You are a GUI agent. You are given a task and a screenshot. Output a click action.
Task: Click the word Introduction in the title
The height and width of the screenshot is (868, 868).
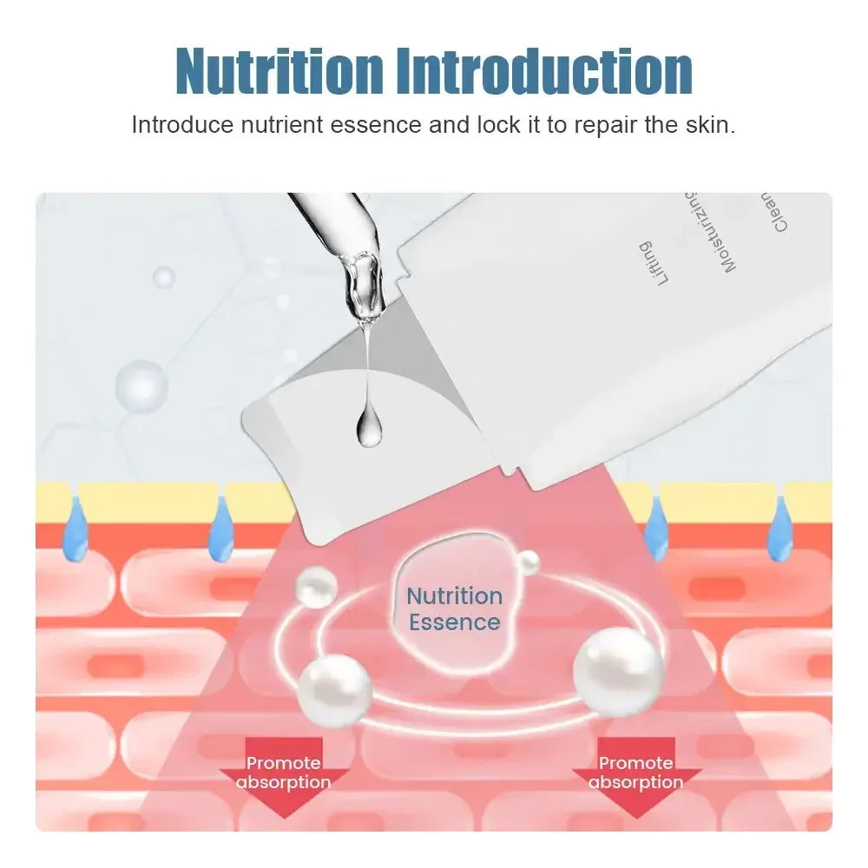pyautogui.click(x=556, y=71)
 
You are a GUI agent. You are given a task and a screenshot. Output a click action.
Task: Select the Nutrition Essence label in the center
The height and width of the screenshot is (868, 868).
pyautogui.click(x=454, y=608)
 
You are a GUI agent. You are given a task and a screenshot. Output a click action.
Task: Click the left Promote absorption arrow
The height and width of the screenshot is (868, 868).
pyautogui.click(x=284, y=775)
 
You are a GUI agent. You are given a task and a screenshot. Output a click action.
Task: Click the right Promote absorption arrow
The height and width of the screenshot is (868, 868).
pyautogui.click(x=636, y=775)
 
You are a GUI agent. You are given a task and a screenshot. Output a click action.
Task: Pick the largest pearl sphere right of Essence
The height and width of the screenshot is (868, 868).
pyautogui.click(x=618, y=672)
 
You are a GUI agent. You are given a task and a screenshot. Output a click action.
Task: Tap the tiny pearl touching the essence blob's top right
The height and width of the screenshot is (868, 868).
pyautogui.click(x=527, y=563)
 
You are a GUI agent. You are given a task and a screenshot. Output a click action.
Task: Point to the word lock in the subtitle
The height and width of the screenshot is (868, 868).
pyautogui.click(x=497, y=124)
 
